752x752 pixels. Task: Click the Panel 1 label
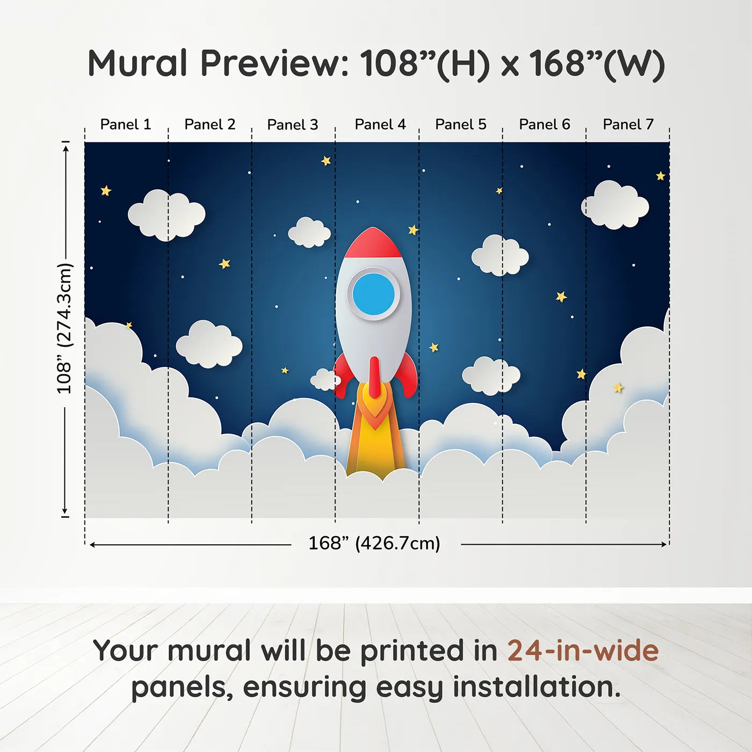(126, 125)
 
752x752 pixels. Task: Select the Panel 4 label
(380, 125)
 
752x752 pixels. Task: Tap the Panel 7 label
(628, 125)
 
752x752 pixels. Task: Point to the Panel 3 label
(292, 125)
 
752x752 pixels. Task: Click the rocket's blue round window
(373, 294)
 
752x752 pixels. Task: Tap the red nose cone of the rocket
(372, 243)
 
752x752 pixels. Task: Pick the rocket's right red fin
(409, 376)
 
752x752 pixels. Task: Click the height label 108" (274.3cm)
(64, 329)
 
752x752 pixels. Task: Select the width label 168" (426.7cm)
(374, 544)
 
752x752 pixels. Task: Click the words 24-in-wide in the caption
(583, 651)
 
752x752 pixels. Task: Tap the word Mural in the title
(138, 63)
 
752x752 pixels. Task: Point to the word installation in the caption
(536, 688)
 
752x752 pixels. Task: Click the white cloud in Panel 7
(616, 205)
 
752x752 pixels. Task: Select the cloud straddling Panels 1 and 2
(166, 215)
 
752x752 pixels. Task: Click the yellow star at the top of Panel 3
(326, 161)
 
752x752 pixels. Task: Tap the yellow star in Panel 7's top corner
(661, 176)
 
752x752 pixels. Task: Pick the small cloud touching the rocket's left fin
(324, 380)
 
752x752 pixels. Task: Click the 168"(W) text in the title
(597, 63)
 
